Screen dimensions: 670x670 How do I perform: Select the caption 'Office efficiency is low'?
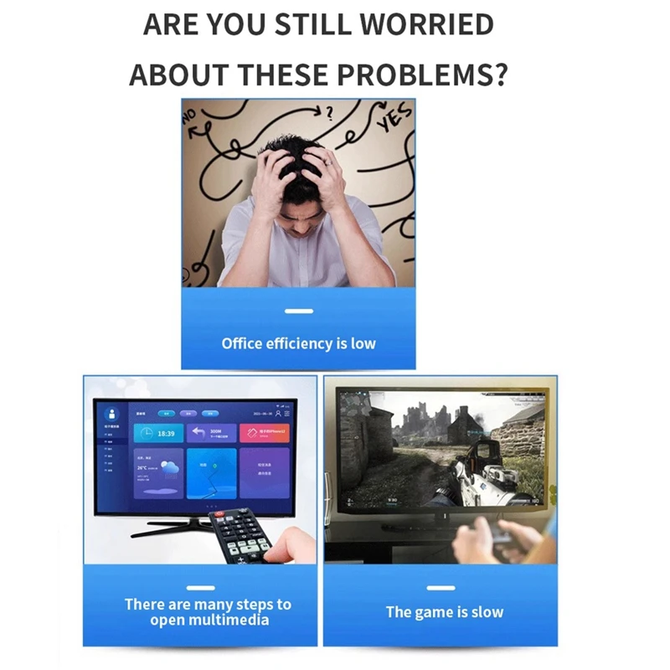pos(298,343)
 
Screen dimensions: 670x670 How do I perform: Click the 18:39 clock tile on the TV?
pos(159,434)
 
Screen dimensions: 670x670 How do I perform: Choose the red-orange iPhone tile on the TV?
pos(265,434)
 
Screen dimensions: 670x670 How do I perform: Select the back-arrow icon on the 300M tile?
pos(199,433)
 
